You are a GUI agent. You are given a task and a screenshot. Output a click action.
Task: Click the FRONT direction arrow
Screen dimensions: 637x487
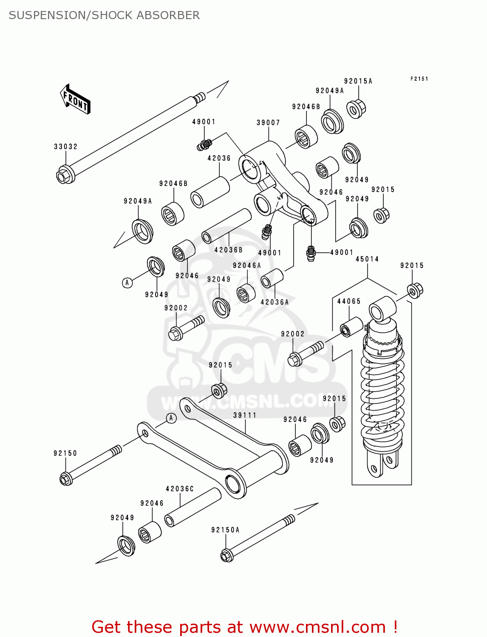(x=75, y=99)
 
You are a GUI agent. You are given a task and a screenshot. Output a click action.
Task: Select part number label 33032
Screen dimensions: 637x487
(x=66, y=147)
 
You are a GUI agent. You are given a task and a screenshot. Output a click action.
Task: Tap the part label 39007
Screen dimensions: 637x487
(x=268, y=123)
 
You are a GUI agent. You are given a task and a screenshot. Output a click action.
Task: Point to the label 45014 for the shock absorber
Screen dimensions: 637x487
(x=367, y=259)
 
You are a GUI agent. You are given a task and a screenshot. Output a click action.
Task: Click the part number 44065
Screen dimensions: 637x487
(x=349, y=302)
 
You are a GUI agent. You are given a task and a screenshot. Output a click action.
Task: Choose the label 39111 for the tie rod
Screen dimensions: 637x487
(x=245, y=415)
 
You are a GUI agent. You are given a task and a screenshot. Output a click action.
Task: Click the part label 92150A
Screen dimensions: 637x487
(x=225, y=530)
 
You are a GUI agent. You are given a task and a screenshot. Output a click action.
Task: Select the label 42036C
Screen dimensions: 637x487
(x=180, y=489)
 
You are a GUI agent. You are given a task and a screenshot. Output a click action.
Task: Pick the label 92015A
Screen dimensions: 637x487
(x=358, y=82)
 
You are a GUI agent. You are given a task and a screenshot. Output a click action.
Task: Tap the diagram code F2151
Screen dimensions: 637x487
(x=419, y=79)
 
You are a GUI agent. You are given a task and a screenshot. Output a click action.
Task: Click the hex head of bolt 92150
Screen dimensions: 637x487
(x=65, y=479)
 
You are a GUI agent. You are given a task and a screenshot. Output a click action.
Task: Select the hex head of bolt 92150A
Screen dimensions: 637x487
(x=227, y=555)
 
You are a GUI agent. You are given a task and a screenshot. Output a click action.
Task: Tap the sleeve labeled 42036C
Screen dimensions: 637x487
(x=193, y=507)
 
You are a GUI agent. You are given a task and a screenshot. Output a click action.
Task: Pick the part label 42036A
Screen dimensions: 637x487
(x=275, y=302)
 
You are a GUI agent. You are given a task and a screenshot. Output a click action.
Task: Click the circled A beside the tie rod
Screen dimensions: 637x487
(x=171, y=418)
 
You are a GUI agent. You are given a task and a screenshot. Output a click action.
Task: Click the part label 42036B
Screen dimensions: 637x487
(x=229, y=251)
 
